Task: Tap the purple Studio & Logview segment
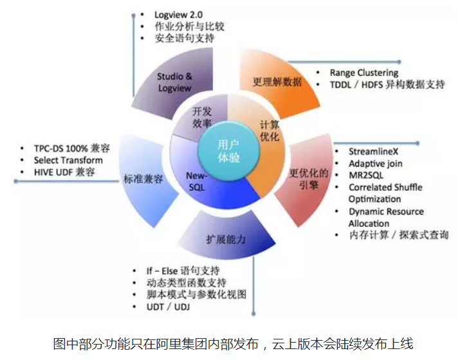click(174, 82)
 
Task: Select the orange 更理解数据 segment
click(277, 82)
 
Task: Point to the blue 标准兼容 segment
click(142, 178)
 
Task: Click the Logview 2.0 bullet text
click(178, 14)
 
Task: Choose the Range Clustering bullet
click(363, 73)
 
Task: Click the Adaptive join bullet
click(376, 164)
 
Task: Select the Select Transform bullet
click(68, 160)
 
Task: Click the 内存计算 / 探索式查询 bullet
click(399, 235)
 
